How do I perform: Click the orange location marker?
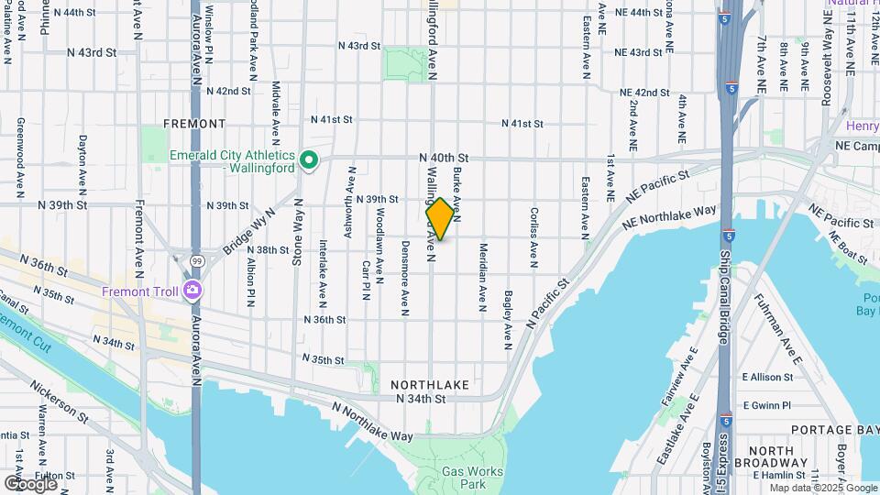[x=440, y=219]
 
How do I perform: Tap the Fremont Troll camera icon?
[x=192, y=291]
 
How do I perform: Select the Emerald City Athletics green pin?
[x=310, y=161]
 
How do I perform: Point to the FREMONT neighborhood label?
[x=194, y=123]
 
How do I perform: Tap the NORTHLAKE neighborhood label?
[x=429, y=384]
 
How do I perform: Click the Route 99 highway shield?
[x=196, y=262]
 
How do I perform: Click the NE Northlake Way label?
[x=669, y=217]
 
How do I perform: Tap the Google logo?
[x=30, y=483]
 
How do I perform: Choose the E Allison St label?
[x=767, y=377]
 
